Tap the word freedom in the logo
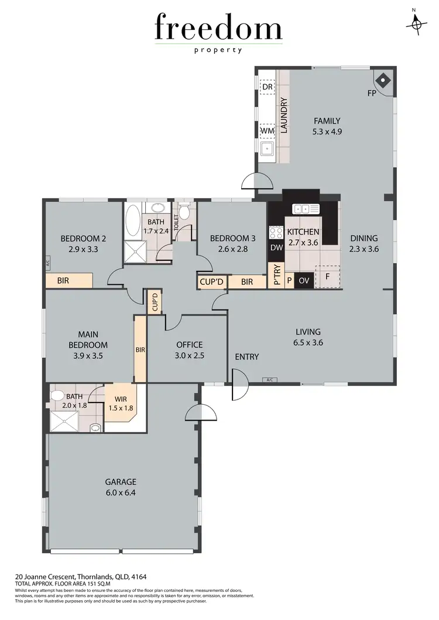(218, 29)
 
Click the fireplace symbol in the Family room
(382, 80)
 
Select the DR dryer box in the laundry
(267, 87)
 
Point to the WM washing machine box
(267, 131)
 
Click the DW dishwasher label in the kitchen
(276, 248)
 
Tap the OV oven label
(303, 281)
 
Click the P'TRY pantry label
(276, 275)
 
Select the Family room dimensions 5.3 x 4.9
(327, 132)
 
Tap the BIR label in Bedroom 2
(63, 281)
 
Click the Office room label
(188, 345)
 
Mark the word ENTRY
(246, 357)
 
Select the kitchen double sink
(304, 208)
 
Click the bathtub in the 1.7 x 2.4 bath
(133, 222)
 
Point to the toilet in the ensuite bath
(57, 396)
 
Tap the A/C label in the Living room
(270, 380)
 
